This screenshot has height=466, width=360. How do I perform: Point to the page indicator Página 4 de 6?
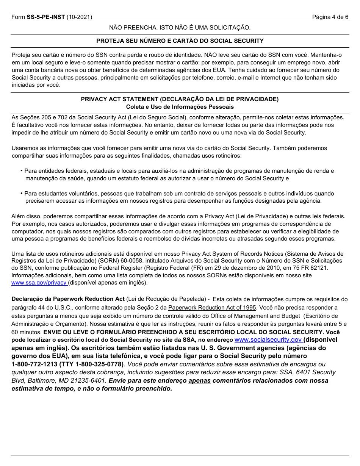[x=330, y=17]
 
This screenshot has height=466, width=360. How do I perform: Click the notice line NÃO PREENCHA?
[x=180, y=28]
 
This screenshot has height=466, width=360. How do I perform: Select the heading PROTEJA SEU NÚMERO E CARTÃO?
[x=180, y=41]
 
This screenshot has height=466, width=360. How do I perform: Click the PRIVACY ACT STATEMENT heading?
[x=180, y=99]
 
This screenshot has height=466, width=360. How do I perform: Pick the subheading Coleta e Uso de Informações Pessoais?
[x=180, y=107]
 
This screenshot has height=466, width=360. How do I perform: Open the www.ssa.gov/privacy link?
[x=39, y=283]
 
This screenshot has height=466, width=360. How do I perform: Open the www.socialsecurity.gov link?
[x=268, y=340]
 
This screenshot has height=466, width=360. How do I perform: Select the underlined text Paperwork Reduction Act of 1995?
[x=212, y=308]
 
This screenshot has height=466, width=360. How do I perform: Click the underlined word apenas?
[x=199, y=380]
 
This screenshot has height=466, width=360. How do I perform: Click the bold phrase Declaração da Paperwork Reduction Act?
[x=68, y=299]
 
